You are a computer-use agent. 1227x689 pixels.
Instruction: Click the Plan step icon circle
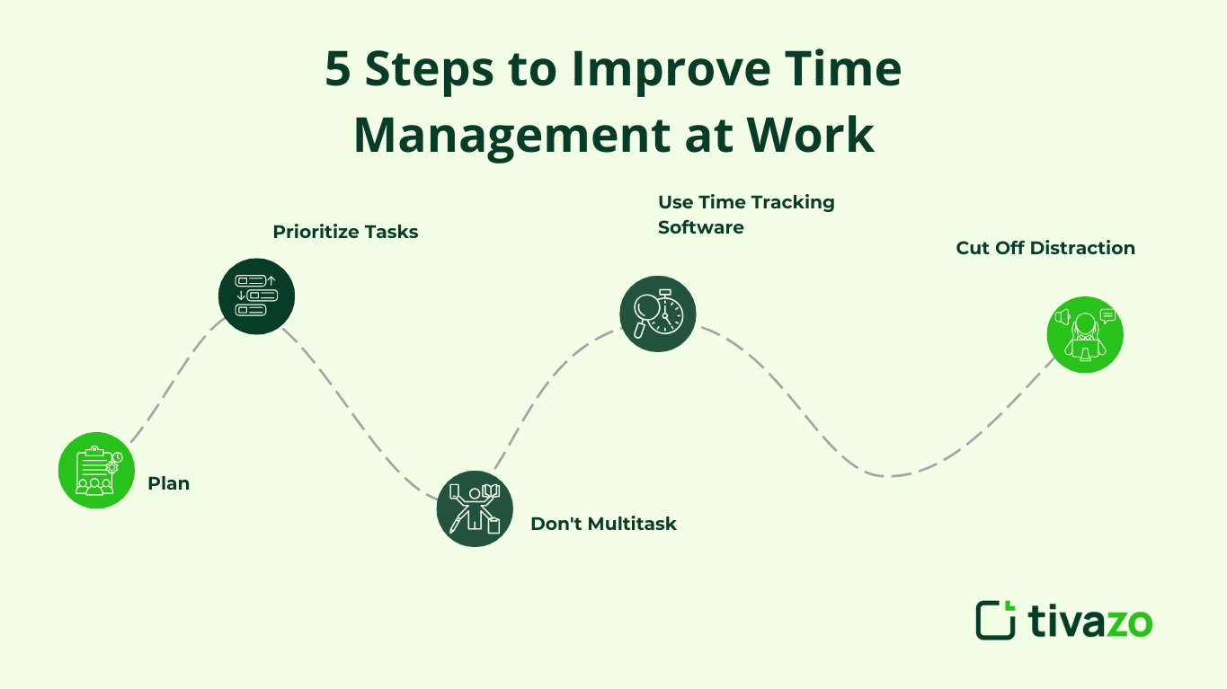click(96, 471)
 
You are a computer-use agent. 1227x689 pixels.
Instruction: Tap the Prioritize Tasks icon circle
click(256, 296)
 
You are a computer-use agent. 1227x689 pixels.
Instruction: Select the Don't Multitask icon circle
click(475, 508)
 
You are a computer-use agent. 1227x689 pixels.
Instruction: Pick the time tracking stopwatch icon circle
click(658, 314)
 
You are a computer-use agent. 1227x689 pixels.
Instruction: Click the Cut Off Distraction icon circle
click(1085, 335)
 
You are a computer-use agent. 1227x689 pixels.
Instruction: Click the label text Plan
click(168, 483)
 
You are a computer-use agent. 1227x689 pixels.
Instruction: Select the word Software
click(700, 227)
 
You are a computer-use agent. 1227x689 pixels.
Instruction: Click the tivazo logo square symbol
click(995, 620)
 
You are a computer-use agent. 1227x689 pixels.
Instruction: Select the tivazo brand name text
click(1089, 621)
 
